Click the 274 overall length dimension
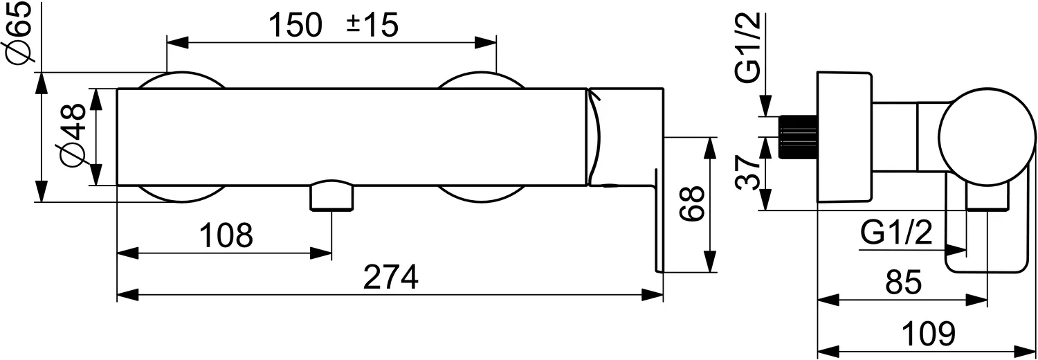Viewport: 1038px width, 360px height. [x=392, y=278]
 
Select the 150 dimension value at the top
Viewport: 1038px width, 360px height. [x=295, y=26]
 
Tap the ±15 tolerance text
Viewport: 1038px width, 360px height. [x=372, y=26]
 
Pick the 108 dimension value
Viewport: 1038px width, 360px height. [x=226, y=236]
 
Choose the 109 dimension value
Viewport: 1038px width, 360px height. [x=929, y=334]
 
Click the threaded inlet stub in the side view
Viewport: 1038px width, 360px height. [x=797, y=136]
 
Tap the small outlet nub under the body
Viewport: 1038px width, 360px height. [x=332, y=196]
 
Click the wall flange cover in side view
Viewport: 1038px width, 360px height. [x=843, y=136]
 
